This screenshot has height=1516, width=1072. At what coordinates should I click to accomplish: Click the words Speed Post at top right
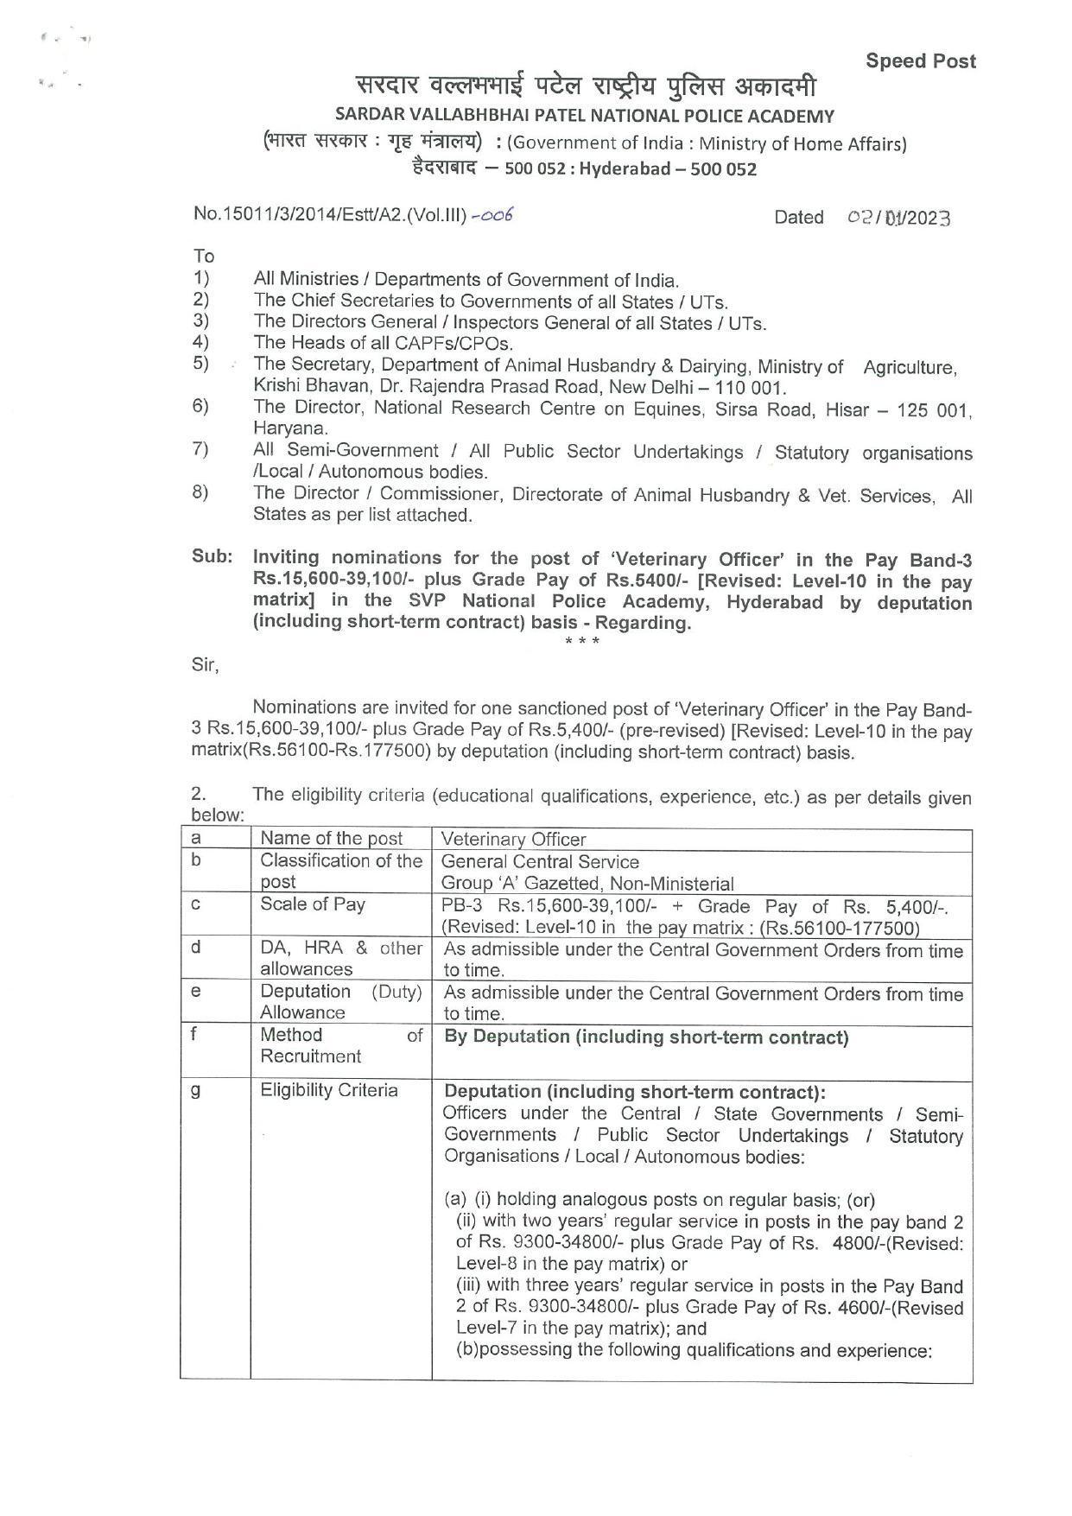click(x=921, y=61)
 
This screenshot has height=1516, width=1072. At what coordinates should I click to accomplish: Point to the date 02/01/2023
click(x=898, y=218)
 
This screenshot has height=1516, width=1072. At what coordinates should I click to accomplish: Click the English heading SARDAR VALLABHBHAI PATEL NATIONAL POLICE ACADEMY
click(x=585, y=116)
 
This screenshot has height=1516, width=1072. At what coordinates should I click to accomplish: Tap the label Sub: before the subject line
click(x=212, y=557)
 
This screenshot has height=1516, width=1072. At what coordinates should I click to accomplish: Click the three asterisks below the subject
click(x=581, y=641)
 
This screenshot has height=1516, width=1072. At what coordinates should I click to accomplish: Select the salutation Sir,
click(x=205, y=665)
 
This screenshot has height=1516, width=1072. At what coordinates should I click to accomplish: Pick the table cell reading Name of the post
click(x=332, y=838)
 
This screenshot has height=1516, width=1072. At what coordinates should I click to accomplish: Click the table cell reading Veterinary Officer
click(x=513, y=839)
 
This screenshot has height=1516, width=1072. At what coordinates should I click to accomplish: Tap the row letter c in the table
click(x=197, y=904)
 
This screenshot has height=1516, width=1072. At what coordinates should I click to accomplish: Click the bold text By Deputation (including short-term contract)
click(x=646, y=1037)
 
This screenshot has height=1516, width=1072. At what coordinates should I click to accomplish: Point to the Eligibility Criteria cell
click(x=329, y=1090)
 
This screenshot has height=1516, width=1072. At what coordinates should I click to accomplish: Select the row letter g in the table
click(x=196, y=1090)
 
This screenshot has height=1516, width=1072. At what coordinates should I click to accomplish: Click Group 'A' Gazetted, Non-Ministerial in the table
click(x=587, y=884)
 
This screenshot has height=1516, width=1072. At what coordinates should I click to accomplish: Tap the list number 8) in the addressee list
click(x=200, y=493)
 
